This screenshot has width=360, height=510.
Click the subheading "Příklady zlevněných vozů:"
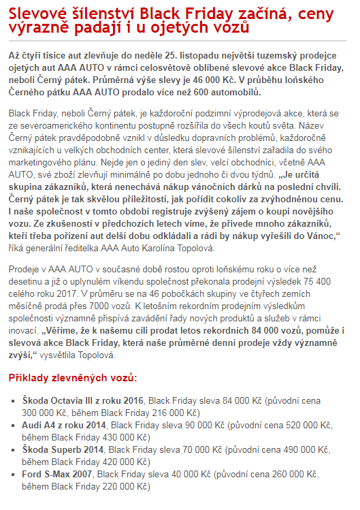[72, 377]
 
